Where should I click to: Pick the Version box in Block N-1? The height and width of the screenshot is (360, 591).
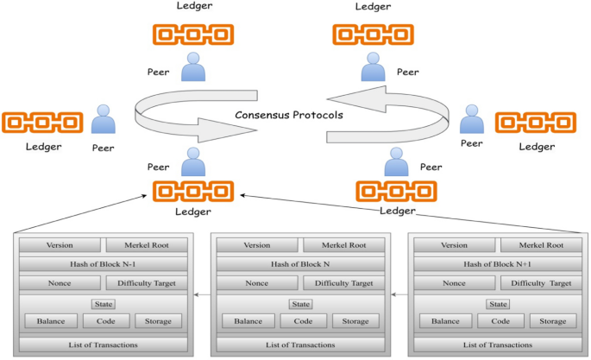(60, 245)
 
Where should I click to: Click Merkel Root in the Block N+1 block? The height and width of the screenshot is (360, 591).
(537, 245)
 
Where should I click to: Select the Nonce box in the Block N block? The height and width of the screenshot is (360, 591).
(256, 282)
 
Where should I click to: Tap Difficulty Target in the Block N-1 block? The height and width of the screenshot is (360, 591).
(144, 282)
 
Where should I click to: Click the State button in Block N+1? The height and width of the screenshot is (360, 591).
(496, 304)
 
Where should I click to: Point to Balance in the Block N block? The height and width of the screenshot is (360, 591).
(247, 321)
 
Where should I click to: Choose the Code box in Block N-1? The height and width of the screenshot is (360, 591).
(106, 321)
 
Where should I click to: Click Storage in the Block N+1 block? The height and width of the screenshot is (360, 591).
(553, 321)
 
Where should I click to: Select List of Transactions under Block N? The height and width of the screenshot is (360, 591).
(298, 344)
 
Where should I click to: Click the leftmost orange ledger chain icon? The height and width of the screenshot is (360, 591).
(42, 123)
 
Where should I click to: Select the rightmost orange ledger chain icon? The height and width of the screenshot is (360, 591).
(535, 123)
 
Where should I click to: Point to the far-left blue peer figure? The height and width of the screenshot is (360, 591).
(104, 121)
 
